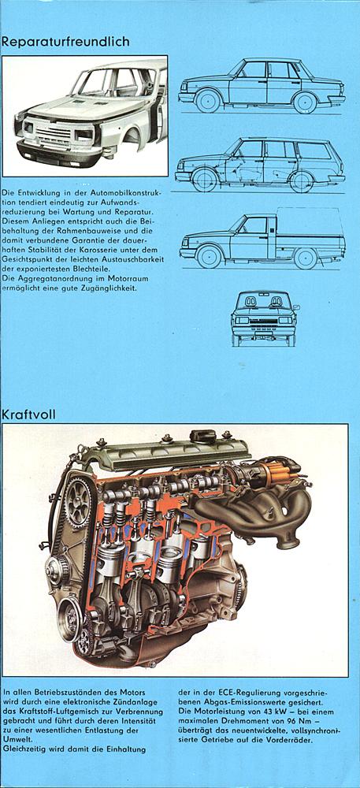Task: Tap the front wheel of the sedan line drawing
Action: (207, 101)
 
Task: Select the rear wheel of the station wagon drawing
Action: (302, 180)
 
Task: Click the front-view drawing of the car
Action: (263, 318)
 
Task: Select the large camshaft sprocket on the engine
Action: (77, 497)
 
